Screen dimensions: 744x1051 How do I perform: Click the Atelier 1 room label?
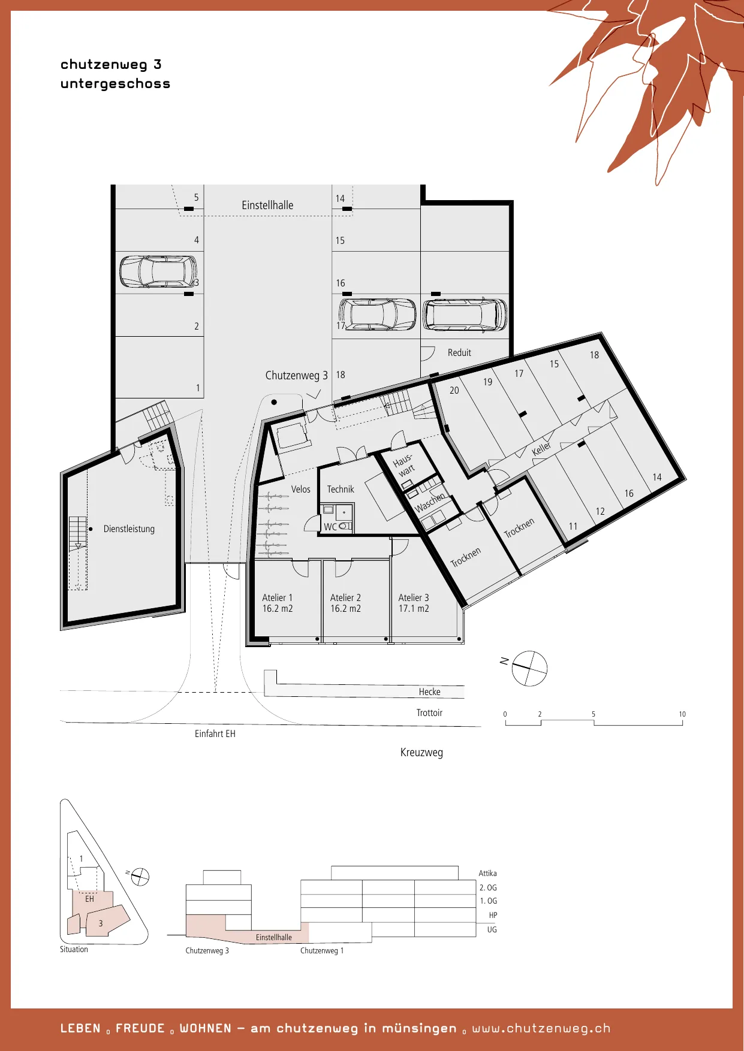coord(278,603)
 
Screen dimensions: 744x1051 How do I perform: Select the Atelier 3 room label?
coord(414,603)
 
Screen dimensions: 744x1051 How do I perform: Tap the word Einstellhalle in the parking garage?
coord(267,205)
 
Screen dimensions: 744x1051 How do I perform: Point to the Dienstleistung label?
coord(129,529)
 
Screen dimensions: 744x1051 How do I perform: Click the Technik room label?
coord(341,489)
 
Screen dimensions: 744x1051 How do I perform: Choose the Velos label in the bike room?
coord(301,489)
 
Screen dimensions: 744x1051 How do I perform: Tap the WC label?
coord(330,527)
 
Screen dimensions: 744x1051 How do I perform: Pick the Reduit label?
coord(459,353)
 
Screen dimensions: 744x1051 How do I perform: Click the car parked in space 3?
coord(158,271)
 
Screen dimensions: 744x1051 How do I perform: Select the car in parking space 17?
coord(377,315)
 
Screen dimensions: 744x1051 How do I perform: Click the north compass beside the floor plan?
coord(529,668)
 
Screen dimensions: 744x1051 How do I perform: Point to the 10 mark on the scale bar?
coord(682,714)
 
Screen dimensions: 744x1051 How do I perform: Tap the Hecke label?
coord(429,692)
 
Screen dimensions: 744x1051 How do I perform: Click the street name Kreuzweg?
coord(421,753)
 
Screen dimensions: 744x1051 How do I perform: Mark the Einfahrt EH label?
coord(215,734)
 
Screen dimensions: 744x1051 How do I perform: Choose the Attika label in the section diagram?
coord(487,874)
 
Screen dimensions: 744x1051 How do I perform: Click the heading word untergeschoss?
coord(115,84)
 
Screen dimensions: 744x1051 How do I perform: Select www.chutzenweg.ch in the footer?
coord(541,1028)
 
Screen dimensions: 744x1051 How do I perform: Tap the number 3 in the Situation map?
coord(101,923)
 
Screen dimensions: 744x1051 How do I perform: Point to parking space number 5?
coord(196,197)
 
